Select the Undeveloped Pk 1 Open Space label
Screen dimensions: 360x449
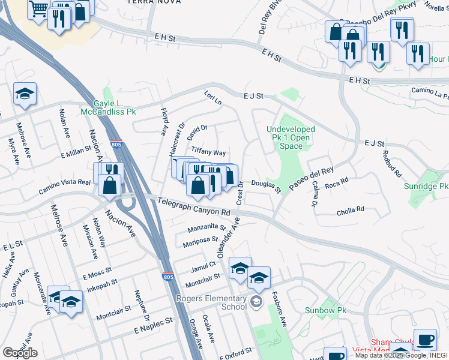pos(291,137)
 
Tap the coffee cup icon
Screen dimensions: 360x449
pos(425,340)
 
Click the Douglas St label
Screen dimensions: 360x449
pos(266,187)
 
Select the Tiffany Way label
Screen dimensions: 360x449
pos(208,152)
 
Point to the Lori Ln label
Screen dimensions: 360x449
pos(213,98)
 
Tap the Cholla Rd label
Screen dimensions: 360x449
pos(351,209)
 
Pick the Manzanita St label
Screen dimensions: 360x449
pos(206,228)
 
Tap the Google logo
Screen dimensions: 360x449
pos(20,353)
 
